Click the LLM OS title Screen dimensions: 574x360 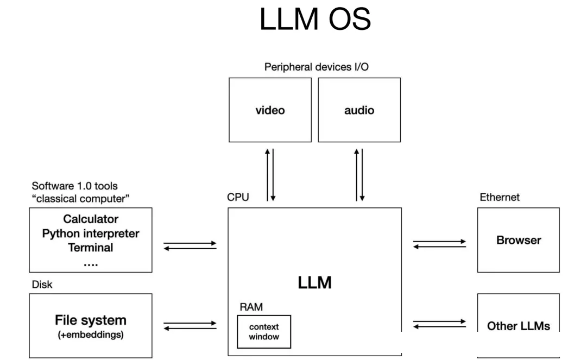(x=315, y=19)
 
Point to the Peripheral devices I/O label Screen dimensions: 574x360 (x=316, y=67)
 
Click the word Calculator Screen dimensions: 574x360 (x=91, y=219)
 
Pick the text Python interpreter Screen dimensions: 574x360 (x=91, y=233)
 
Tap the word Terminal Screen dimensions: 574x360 (x=91, y=248)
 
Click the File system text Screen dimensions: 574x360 (x=91, y=320)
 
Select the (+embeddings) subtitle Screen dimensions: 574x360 (x=91, y=335)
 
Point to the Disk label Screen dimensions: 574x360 (x=42, y=285)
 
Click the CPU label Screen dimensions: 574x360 (x=238, y=197)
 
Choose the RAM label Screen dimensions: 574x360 (x=251, y=307)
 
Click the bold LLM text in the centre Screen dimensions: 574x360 (x=315, y=283)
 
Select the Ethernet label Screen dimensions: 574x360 (x=500, y=197)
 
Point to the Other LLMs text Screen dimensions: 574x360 (x=519, y=326)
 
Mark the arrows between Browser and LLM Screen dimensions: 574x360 (x=439, y=244)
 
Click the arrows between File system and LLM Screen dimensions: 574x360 (x=190, y=326)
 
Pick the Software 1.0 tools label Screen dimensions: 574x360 (x=75, y=186)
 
